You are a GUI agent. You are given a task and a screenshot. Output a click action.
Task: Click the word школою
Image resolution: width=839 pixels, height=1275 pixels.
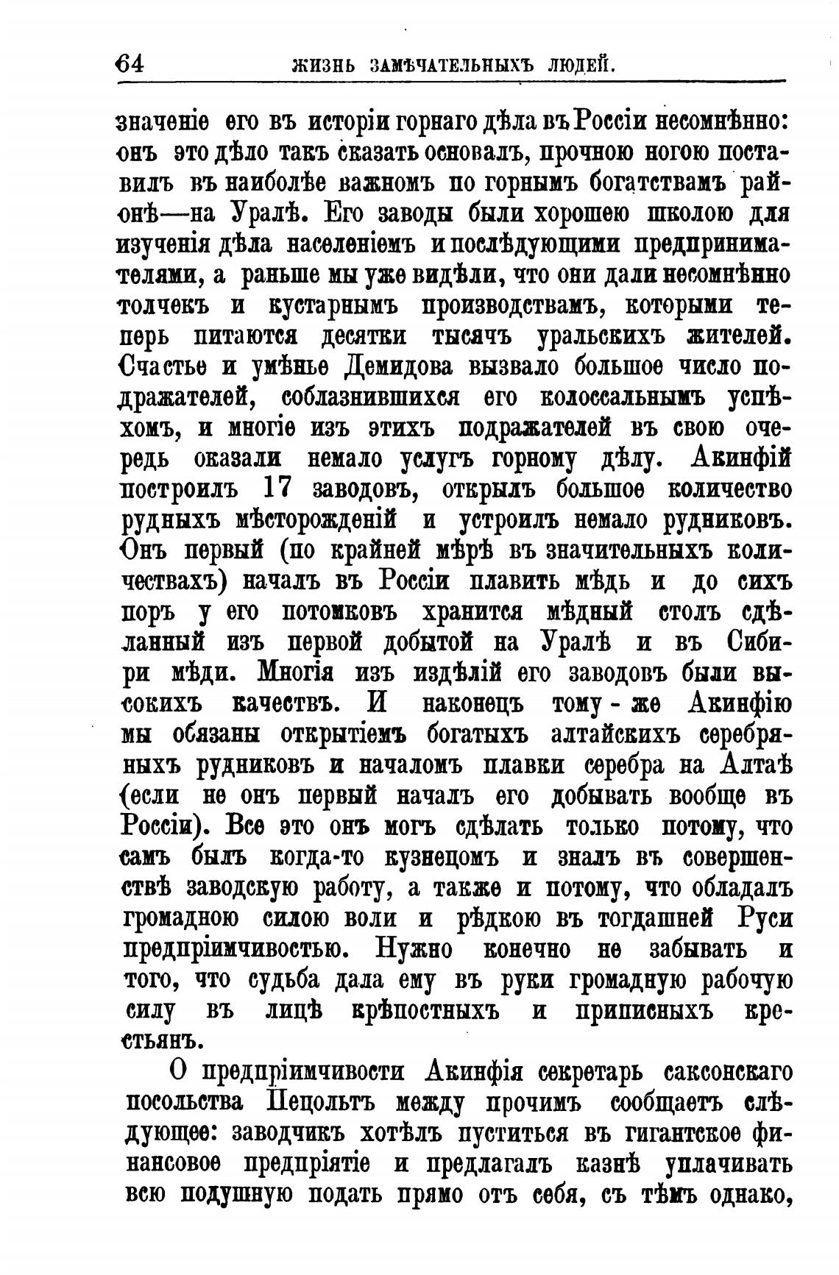tap(690, 214)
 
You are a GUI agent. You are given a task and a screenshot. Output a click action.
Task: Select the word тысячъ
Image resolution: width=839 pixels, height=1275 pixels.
tap(472, 336)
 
